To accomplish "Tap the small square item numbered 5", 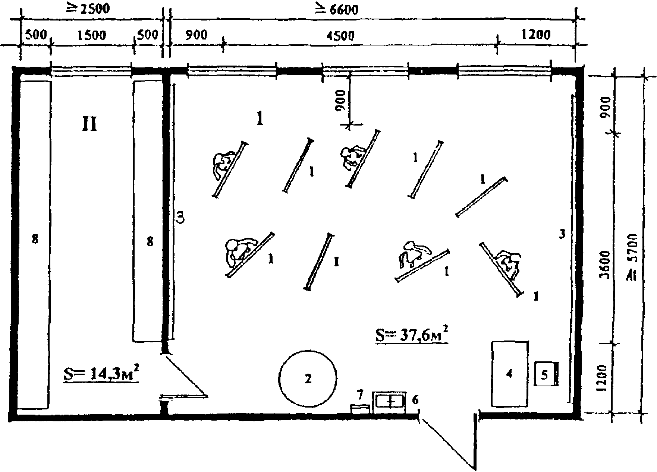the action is coord(544,374).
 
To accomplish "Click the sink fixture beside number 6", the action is coord(390,402).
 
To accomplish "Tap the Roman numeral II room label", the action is coord(89,125).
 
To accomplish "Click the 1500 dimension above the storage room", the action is coord(91,35).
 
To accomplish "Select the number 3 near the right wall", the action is coord(563,234).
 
